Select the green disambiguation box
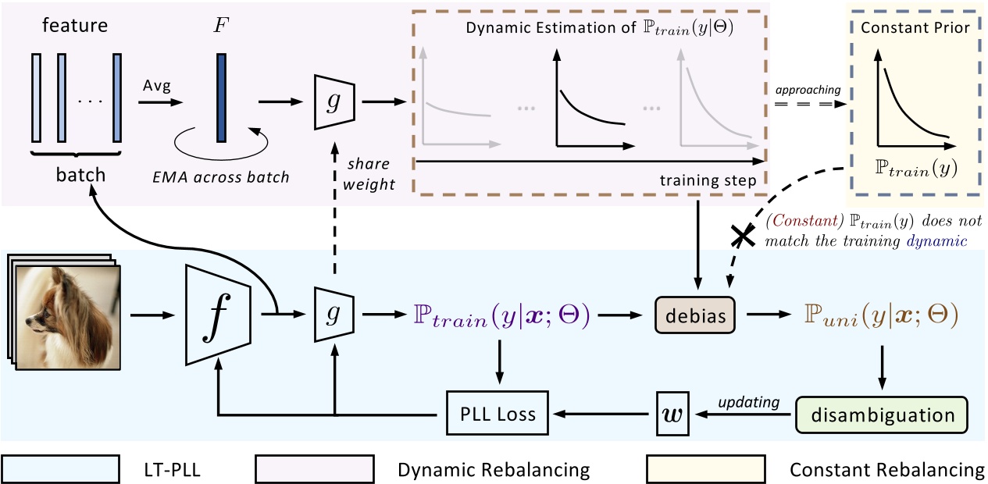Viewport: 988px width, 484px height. [882, 414]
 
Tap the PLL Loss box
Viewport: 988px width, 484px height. [498, 413]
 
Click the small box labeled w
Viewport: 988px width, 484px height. [671, 414]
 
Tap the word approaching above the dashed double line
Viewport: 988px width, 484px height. [808, 91]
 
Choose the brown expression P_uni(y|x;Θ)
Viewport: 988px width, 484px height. [882, 315]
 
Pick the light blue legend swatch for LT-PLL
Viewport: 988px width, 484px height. [62, 470]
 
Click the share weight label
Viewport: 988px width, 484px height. [373, 173]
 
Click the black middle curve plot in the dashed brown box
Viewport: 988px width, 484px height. [592, 101]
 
